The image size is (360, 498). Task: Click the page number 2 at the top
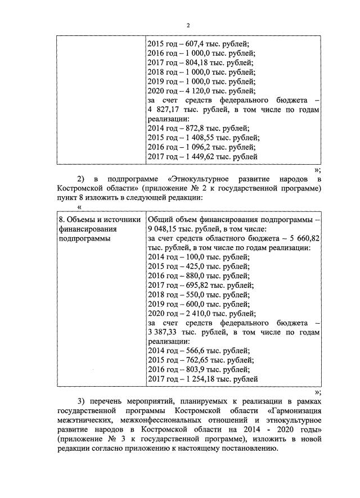pos(188,25)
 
